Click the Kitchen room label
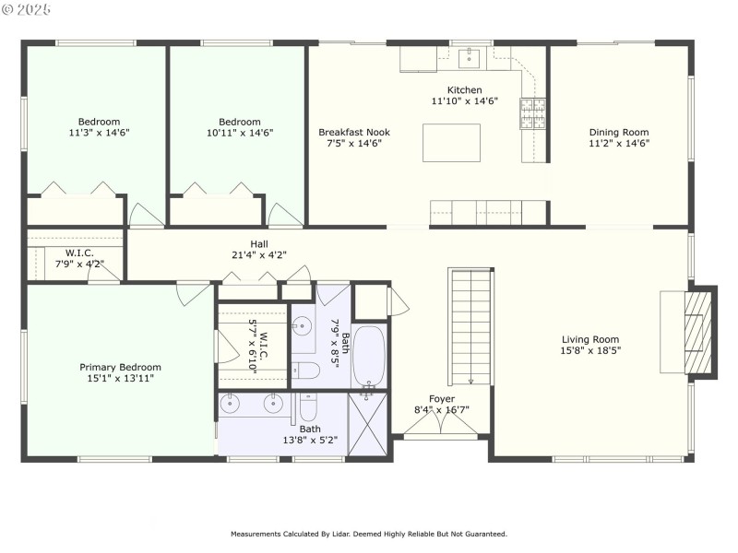tap(465, 90)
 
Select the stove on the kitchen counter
tap(532, 114)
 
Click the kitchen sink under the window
tap(469, 59)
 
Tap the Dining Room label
tap(619, 133)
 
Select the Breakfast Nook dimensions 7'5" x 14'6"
tap(353, 144)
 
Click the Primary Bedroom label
tap(120, 367)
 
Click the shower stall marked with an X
tap(369, 423)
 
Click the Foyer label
tap(442, 399)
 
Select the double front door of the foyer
tap(441, 424)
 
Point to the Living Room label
tap(590, 339)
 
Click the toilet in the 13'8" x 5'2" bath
tap(309, 406)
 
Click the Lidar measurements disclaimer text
tap(369, 534)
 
